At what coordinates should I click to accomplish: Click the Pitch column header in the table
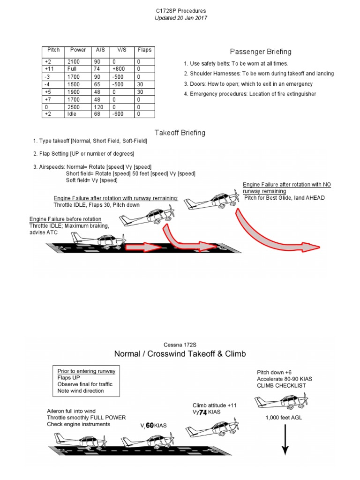click(54, 50)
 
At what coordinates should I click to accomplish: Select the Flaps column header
click(144, 50)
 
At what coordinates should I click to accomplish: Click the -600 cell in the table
click(119, 114)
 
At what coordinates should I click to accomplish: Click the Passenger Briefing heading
click(260, 52)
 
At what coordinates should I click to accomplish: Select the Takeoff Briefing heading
click(180, 133)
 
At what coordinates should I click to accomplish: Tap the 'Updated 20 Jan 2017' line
click(180, 18)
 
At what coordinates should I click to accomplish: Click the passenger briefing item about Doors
click(248, 84)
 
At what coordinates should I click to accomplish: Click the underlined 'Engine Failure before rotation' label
click(65, 219)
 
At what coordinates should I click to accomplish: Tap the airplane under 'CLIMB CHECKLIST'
click(281, 402)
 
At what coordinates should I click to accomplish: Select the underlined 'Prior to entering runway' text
click(86, 371)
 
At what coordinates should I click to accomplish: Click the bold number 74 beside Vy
click(203, 412)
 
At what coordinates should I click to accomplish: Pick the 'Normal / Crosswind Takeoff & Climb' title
click(180, 353)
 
